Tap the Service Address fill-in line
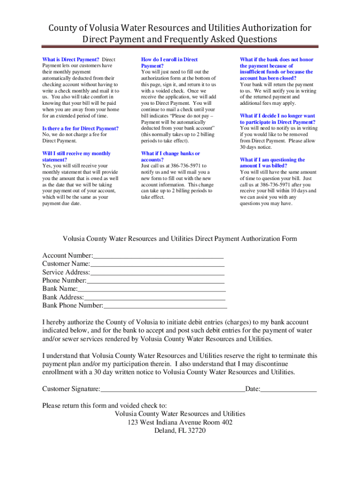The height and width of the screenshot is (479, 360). pyautogui.click(x=157, y=273)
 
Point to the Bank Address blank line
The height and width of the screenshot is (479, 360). pyautogui.click(x=154, y=298)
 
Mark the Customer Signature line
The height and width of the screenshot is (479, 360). pyautogui.click(x=173, y=390)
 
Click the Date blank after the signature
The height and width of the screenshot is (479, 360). pyautogui.click(x=288, y=390)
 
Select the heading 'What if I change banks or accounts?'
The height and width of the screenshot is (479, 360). pyautogui.click(x=170, y=156)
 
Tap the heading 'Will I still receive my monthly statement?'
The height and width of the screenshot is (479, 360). pyautogui.click(x=76, y=156)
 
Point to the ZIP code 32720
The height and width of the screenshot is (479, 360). pyautogui.click(x=196, y=431)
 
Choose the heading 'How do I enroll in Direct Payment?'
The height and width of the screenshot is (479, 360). pyautogui.click(x=169, y=63)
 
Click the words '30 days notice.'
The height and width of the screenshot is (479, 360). pyautogui.click(x=256, y=147)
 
